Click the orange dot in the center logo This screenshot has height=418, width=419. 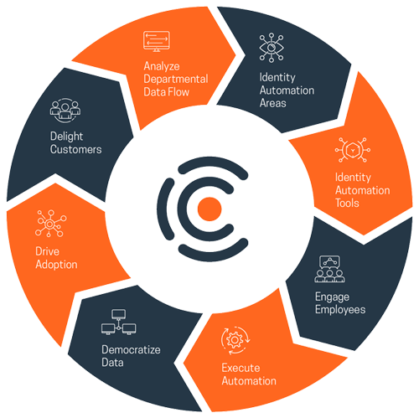pyautogui.click(x=209, y=209)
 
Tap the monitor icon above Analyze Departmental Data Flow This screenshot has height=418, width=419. pyautogui.click(x=157, y=41)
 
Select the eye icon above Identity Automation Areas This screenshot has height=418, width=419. pyautogui.click(x=272, y=48)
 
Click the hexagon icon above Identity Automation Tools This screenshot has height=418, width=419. pyautogui.click(x=353, y=150)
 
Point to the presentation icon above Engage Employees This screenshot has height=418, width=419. pyautogui.click(x=329, y=269)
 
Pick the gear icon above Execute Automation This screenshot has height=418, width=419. pyautogui.click(x=235, y=340)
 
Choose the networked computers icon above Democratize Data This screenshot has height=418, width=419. pyautogui.click(x=119, y=322)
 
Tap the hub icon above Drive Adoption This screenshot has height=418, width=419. pyautogui.click(x=50, y=224)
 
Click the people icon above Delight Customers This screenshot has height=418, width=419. pyautogui.click(x=65, y=110)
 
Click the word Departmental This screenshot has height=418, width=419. pyautogui.click(x=176, y=79)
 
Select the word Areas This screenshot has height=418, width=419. pyautogui.click(x=273, y=103)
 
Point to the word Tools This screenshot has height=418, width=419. pyautogui.click(x=347, y=203)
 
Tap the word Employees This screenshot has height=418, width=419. pyautogui.click(x=340, y=310)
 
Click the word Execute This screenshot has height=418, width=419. pyautogui.click(x=241, y=368)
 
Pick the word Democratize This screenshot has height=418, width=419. pyautogui.click(x=131, y=349)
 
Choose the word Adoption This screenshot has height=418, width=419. pyautogui.click(x=56, y=265)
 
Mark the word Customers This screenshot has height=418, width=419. pyautogui.click(x=76, y=149)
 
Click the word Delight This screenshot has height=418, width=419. pyautogui.click(x=66, y=137)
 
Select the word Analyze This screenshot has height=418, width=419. pyautogui.click(x=162, y=66)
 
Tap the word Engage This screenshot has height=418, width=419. pyautogui.click(x=332, y=297)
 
